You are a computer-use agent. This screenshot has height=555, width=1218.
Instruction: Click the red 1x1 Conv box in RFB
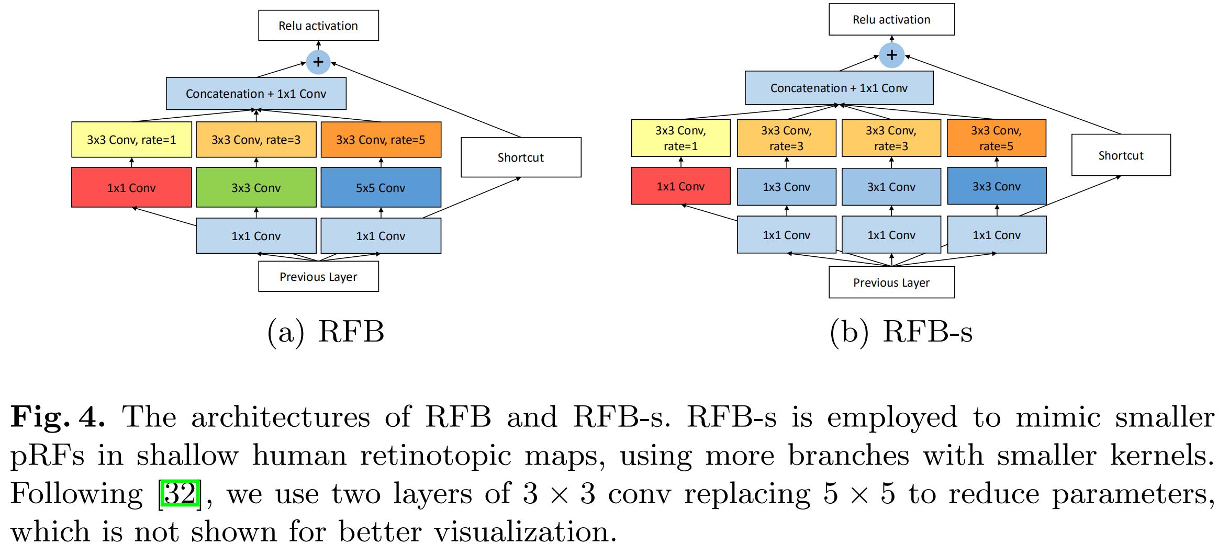tap(131, 187)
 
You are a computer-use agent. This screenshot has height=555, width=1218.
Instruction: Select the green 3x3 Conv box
tap(256, 187)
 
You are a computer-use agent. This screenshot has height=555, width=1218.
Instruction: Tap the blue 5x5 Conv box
tap(381, 187)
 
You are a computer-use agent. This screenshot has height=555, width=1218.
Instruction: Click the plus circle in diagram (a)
tap(318, 62)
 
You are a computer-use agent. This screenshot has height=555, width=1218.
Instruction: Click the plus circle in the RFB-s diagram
tap(891, 55)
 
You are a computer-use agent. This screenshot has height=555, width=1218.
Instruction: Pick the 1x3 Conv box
tap(786, 186)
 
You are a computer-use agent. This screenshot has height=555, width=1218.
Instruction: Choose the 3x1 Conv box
tap(891, 186)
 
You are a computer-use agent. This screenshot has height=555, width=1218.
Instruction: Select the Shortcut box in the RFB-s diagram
tap(1121, 155)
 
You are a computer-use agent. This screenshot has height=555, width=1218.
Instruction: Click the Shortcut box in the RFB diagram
tap(521, 157)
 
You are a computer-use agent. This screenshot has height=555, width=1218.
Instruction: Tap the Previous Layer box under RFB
tap(318, 277)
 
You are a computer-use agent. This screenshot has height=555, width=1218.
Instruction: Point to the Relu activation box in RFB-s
tap(891, 20)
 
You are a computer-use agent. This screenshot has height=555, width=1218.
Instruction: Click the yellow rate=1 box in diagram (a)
tap(131, 140)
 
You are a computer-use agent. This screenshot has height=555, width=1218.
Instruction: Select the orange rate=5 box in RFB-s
tap(996, 138)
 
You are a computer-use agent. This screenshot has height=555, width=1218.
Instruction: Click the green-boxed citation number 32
tap(180, 493)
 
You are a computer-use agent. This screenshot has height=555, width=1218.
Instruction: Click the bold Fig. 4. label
tap(58, 417)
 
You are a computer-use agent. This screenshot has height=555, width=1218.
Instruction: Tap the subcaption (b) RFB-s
tap(901, 332)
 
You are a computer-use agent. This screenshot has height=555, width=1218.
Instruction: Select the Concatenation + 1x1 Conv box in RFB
tap(256, 94)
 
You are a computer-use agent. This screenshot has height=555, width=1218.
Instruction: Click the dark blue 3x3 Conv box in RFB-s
tap(996, 186)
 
